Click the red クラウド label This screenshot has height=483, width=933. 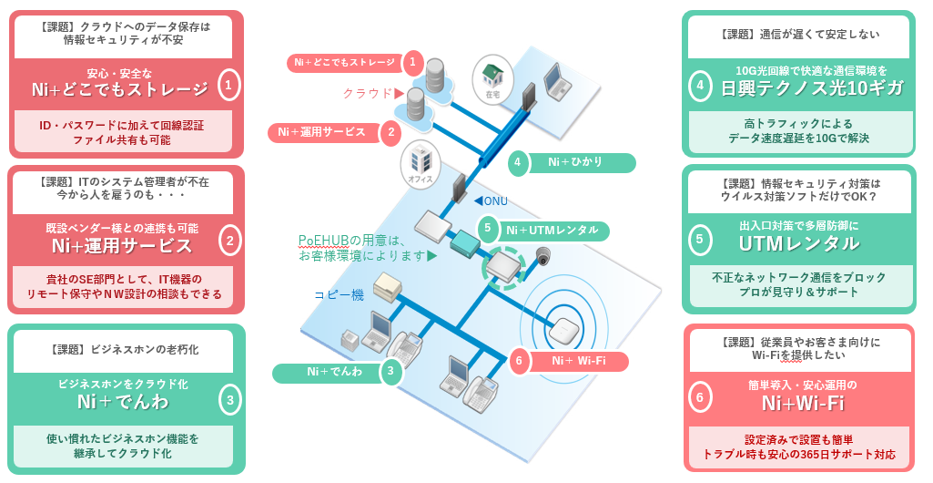point(368,93)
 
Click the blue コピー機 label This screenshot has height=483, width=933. point(339,294)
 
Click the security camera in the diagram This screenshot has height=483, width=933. point(543,256)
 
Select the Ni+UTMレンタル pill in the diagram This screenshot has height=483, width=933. point(552,230)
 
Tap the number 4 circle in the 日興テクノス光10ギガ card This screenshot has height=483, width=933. point(700,87)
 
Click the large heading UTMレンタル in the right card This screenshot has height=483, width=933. point(799,242)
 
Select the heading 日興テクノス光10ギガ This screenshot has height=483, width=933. point(812,87)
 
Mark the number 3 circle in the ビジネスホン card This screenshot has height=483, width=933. point(230,399)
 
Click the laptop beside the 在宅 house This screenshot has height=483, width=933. point(556,81)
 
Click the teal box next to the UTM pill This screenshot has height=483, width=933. point(464,241)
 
